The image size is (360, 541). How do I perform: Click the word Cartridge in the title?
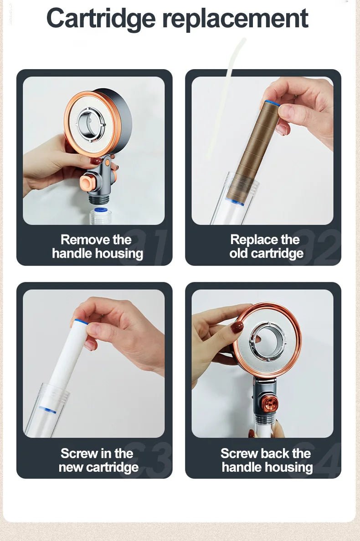101,19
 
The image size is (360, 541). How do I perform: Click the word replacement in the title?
235,19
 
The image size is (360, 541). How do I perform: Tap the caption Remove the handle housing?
97,246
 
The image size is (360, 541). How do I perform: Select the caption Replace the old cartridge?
266,246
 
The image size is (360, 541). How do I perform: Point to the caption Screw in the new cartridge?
98,460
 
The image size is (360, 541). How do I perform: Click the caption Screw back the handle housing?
266,460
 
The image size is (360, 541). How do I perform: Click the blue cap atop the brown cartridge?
273,103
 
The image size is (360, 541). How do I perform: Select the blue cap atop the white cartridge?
81,322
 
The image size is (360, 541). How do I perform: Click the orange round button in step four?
268,403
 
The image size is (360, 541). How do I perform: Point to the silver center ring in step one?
91,123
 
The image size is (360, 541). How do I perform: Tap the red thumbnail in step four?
237,327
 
